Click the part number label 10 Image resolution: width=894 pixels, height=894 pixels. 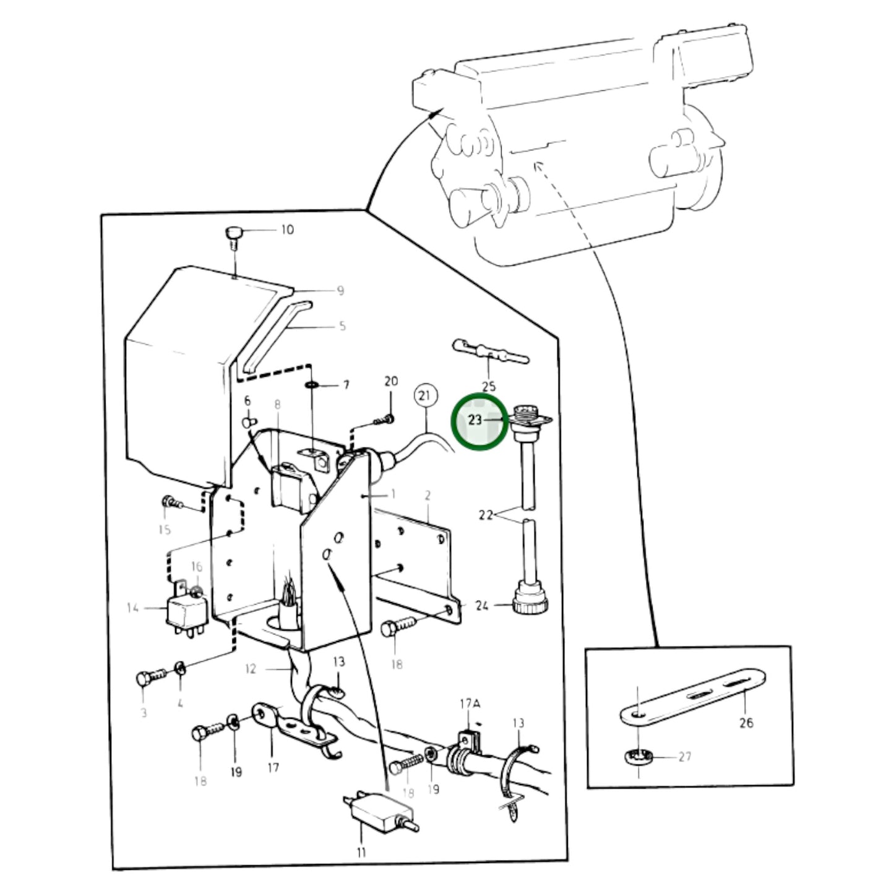[287, 230]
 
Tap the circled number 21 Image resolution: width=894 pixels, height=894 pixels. [424, 396]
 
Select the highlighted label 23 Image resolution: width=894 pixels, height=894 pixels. [475, 420]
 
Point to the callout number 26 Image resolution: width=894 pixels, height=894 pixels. [746, 723]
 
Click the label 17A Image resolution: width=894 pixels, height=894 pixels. [470, 704]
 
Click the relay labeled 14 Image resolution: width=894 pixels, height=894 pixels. [187, 612]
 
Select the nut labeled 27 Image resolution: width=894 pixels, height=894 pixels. [638, 758]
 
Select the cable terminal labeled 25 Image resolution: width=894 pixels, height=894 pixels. [490, 351]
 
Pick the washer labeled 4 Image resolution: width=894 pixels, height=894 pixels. [181, 669]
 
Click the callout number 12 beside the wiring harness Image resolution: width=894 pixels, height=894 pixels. [250, 669]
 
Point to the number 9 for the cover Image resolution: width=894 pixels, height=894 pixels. [340, 291]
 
